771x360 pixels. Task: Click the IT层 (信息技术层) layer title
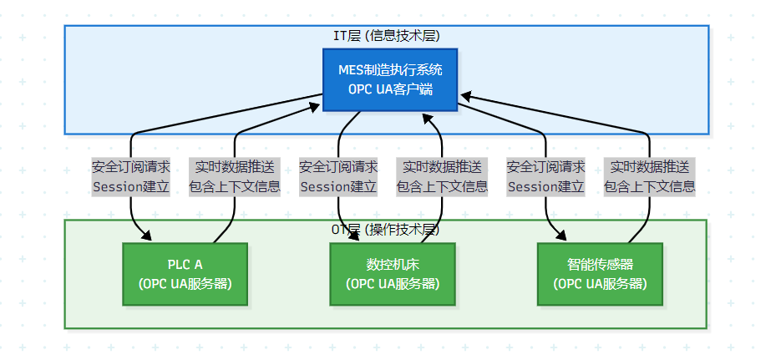386,36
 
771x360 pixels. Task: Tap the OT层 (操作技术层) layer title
385,230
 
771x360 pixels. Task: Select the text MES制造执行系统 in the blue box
390,69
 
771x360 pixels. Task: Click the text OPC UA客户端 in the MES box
390,89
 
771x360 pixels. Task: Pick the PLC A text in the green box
185,265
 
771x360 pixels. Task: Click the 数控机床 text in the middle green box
392,265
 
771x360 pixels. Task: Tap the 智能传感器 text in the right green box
599,265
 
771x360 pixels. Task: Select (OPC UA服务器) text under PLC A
185,283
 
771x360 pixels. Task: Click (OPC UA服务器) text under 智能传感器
599,283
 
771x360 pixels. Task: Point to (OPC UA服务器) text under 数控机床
392,283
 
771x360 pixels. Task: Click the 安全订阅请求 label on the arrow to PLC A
131,166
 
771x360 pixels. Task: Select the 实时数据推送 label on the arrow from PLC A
234,166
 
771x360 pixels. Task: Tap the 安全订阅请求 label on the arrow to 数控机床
338,166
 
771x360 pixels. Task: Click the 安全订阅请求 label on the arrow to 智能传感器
545,166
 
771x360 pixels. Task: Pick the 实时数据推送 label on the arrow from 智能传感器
649,166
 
